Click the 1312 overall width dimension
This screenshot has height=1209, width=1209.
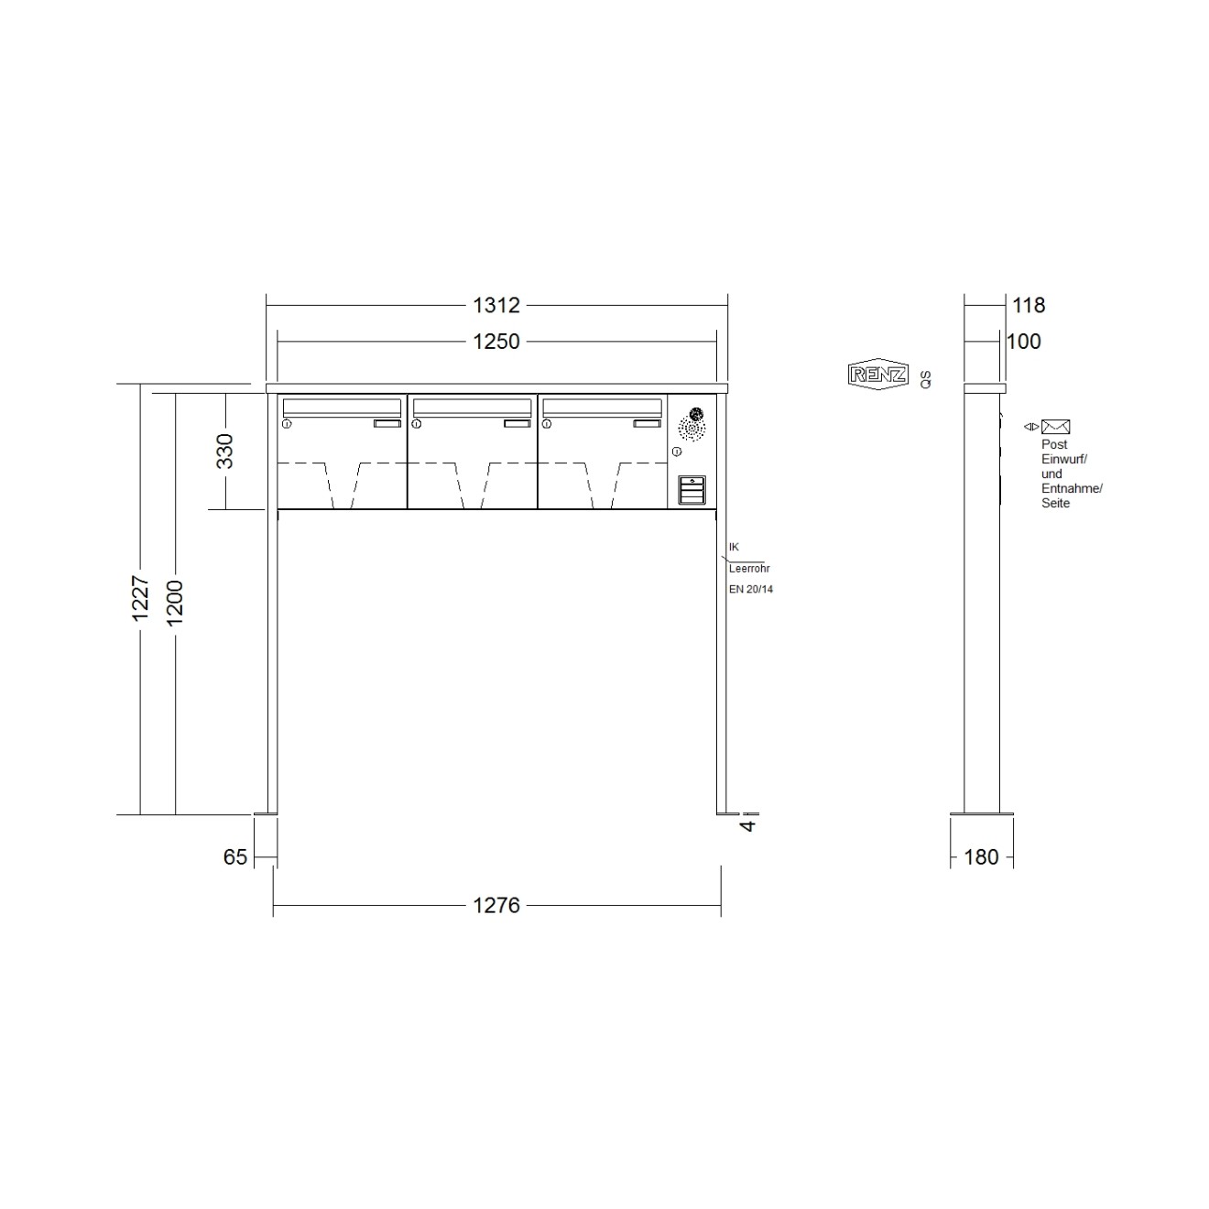(496, 306)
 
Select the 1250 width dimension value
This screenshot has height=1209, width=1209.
(496, 342)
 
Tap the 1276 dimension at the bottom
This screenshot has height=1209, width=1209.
(496, 905)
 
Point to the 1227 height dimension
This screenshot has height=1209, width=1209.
(140, 598)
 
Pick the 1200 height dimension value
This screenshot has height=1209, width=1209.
(175, 603)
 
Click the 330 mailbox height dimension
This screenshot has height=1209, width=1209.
(224, 452)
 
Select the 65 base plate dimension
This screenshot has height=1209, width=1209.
(235, 857)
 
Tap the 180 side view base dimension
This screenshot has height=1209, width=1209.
(981, 857)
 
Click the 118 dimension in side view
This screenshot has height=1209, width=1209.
(1029, 306)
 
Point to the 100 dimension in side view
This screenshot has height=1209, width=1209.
(1023, 342)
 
